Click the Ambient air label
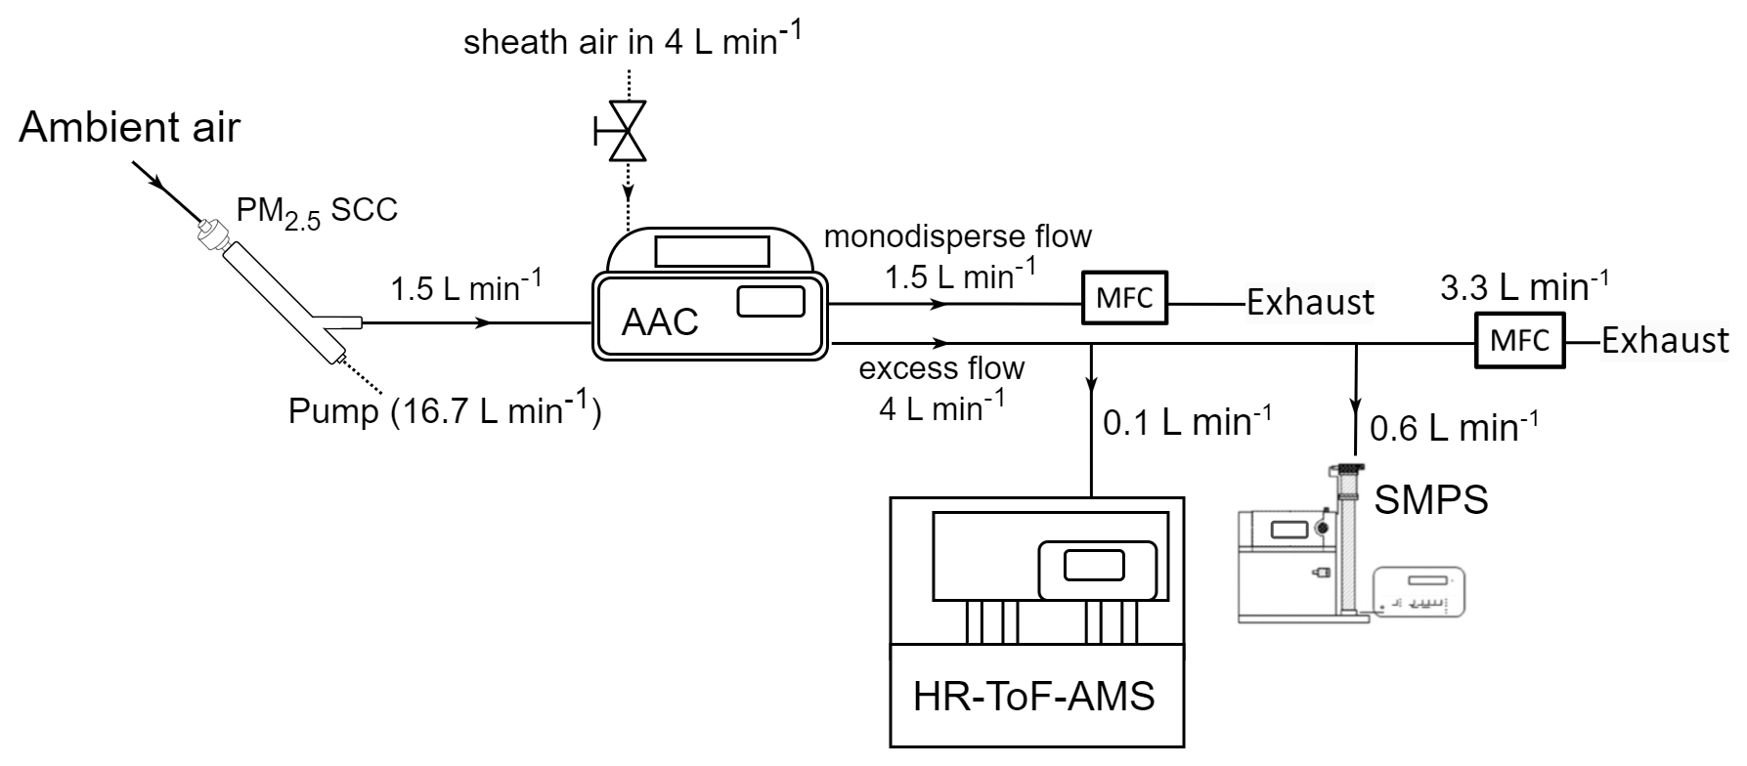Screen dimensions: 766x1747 [x=129, y=128]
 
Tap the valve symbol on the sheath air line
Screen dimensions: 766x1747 [x=626, y=131]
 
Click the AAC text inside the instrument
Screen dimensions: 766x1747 [x=660, y=321]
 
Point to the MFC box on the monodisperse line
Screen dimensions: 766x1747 [x=1124, y=298]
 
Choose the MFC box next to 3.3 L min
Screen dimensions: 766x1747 [x=1520, y=340]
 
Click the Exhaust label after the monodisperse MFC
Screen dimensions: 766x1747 [x=1310, y=302]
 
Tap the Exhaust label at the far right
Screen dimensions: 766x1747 [x=1665, y=340]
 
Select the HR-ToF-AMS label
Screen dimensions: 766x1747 [x=1033, y=696]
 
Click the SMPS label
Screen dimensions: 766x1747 [x=1431, y=500]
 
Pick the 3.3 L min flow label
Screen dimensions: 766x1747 [x=1524, y=286]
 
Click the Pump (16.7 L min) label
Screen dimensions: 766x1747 [x=445, y=411]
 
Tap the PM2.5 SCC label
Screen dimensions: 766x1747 [x=317, y=211]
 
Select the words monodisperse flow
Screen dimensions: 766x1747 [x=958, y=235]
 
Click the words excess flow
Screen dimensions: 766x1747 [x=941, y=368]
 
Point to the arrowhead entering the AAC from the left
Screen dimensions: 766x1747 [x=481, y=322]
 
